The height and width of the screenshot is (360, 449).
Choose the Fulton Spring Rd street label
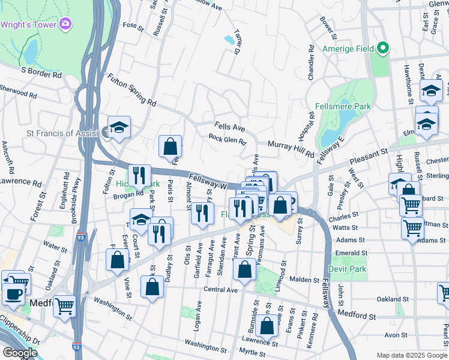(131, 90)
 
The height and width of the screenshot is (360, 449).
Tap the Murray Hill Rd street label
(291, 149)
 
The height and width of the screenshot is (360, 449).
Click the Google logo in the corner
(20, 352)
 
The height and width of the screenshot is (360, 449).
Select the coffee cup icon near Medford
(14, 294)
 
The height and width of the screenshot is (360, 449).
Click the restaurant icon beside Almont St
(203, 212)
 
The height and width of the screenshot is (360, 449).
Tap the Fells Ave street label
(231, 128)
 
